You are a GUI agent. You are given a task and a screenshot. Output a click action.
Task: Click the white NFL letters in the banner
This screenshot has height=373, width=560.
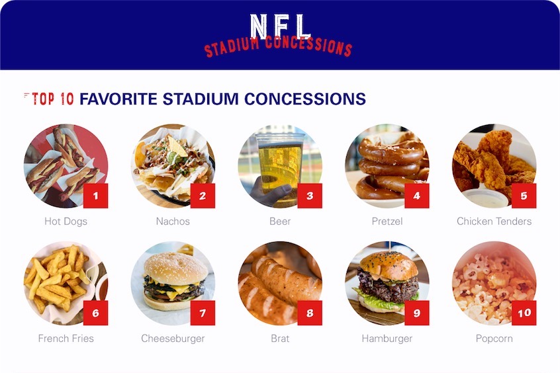click(280, 26)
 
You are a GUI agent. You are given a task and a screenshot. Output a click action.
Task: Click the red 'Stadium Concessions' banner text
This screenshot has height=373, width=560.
click(278, 46)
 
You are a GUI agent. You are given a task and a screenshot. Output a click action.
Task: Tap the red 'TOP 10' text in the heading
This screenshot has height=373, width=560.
click(52, 99)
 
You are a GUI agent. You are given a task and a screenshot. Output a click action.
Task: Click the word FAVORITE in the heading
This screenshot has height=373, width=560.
click(118, 99)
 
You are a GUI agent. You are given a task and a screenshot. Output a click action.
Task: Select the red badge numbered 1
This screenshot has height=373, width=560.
click(95, 196)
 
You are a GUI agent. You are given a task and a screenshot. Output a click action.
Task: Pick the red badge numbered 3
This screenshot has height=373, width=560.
click(310, 196)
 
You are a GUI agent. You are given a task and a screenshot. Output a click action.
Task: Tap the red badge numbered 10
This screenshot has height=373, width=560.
click(524, 313)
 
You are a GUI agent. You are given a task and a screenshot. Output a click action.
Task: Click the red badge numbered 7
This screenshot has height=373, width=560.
click(203, 313)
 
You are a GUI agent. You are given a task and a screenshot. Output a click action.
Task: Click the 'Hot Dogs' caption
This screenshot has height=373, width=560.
click(66, 222)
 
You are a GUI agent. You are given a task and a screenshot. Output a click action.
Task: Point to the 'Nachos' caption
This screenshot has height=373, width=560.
click(173, 222)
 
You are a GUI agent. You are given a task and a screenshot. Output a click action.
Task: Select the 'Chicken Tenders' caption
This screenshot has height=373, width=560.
click(494, 222)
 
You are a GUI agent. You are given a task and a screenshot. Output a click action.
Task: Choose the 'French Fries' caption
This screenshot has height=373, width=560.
click(66, 339)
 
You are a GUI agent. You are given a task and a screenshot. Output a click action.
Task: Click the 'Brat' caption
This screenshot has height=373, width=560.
click(280, 339)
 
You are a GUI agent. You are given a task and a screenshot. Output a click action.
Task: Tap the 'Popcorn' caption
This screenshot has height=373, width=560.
click(494, 339)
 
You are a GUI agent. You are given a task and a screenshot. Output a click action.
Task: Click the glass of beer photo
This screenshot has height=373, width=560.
click(280, 166)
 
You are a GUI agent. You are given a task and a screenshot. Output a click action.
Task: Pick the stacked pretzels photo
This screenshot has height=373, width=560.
click(387, 166)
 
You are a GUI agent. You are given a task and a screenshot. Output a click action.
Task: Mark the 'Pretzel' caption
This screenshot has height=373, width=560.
click(387, 222)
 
